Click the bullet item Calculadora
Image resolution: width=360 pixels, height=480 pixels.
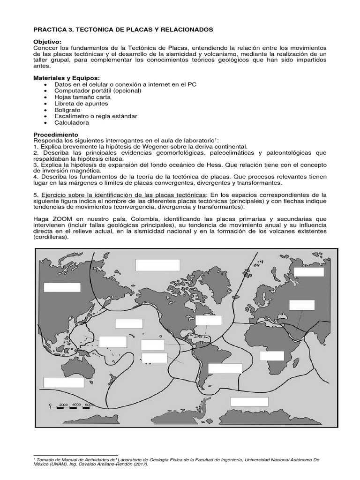(72, 123)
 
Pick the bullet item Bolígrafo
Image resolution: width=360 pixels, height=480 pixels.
(69, 110)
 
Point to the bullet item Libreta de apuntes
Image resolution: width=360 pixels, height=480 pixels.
(81, 103)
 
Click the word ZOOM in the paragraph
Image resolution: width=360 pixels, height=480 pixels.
(59, 218)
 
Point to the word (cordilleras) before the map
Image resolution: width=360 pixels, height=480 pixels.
(51, 237)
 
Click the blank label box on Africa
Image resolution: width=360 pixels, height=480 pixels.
(272, 355)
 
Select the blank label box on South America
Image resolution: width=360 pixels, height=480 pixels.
(225, 368)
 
